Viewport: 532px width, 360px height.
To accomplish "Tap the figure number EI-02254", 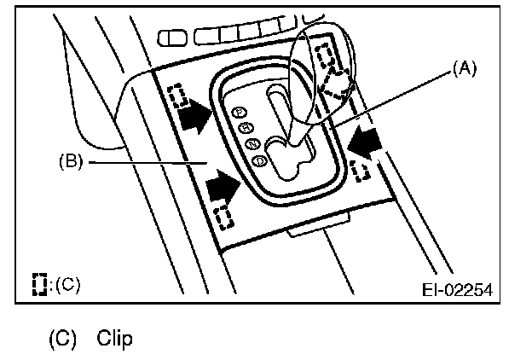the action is pyautogui.click(x=456, y=288).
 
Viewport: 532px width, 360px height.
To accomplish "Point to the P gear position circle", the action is pyautogui.click(x=240, y=112).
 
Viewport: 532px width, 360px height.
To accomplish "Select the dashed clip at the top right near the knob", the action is pyautogui.click(x=325, y=57).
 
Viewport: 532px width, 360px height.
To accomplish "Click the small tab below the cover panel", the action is pyautogui.click(x=317, y=229).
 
